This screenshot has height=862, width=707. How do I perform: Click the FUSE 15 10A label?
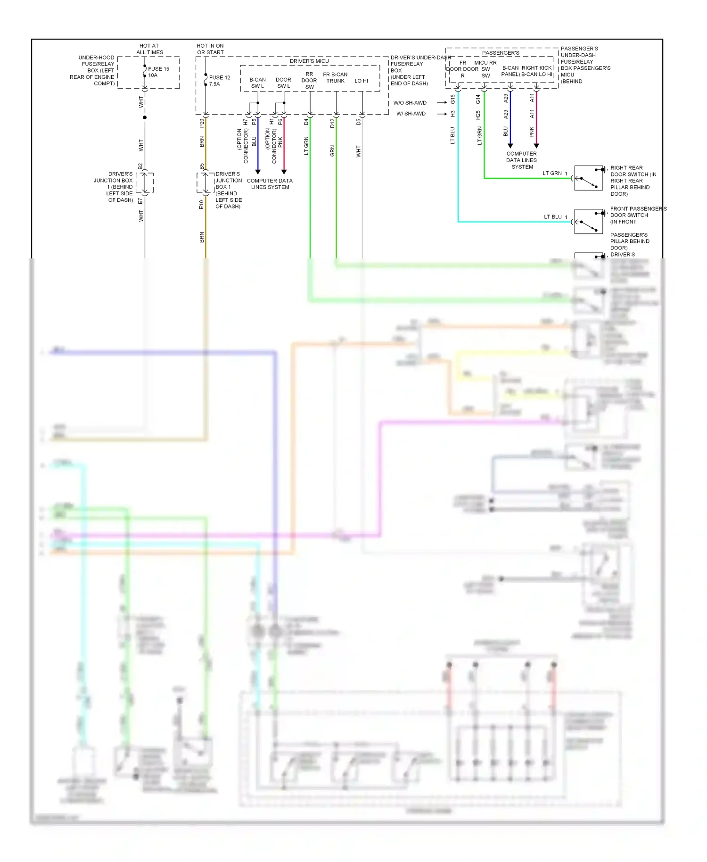tap(158, 72)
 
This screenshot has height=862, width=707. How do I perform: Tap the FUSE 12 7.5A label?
tap(219, 81)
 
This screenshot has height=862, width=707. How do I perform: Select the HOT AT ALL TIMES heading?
tap(149, 49)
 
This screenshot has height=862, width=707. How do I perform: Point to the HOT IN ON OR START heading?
tap(210, 49)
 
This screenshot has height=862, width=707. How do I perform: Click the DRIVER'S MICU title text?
tap(309, 61)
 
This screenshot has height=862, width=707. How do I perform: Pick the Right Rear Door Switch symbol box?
tap(588, 178)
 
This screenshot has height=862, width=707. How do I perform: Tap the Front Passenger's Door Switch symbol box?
tap(588, 221)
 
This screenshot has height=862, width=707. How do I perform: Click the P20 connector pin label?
tap(202, 123)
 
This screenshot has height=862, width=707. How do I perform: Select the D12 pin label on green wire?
tap(332, 123)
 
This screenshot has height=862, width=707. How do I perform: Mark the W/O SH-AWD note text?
tap(410, 103)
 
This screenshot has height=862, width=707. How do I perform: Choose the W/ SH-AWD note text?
tap(411, 114)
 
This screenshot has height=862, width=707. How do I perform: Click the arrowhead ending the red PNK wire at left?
tap(284, 172)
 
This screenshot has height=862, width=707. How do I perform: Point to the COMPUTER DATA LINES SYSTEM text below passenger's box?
tap(522, 160)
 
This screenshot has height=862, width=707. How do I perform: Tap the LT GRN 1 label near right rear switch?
tap(555, 173)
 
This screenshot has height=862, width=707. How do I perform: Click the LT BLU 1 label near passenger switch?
tap(555, 217)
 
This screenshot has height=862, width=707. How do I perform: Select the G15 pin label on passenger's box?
tap(452, 99)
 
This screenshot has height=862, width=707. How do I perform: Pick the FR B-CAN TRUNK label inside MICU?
tap(335, 78)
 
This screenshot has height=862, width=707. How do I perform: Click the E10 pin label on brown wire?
tap(201, 204)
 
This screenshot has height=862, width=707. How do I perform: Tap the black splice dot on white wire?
tap(145, 117)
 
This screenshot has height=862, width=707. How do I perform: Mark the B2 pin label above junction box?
tap(140, 166)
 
